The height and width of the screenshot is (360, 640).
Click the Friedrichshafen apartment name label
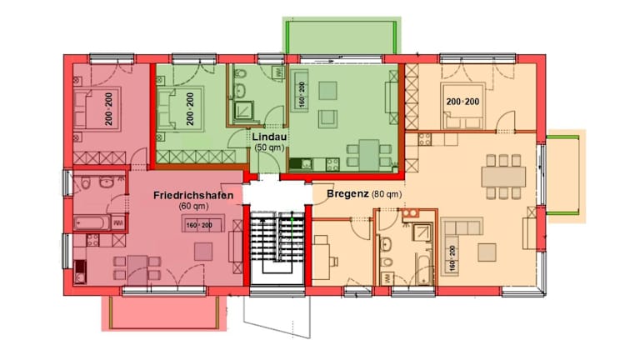pyautogui.click(x=193, y=196)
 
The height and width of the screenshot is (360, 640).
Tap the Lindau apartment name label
pyautogui.click(x=269, y=137)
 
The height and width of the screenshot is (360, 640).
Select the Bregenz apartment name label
pyautogui.click(x=347, y=194)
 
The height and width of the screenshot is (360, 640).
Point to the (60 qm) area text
pyautogui.click(x=193, y=207)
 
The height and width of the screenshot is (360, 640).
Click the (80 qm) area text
pyautogui.click(x=387, y=194)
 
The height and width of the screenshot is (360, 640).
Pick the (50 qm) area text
pyautogui.click(x=269, y=147)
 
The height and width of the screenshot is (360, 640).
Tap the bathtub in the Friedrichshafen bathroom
pyautogui.click(x=92, y=222)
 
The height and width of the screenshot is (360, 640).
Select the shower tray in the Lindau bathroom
pyautogui.click(x=243, y=110)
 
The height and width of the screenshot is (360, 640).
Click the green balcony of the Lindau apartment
pyautogui.click(x=342, y=35)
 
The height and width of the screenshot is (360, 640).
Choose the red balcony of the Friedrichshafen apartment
pyautogui.click(x=163, y=312)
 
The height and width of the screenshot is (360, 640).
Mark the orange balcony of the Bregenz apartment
pyautogui.click(x=565, y=176)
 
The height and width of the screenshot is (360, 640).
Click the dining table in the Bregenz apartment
pyautogui.click(x=503, y=177)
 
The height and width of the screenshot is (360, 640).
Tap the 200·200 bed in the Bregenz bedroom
pyautogui.click(x=462, y=106)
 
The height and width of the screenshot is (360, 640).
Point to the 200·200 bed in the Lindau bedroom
pyautogui.click(x=180, y=108)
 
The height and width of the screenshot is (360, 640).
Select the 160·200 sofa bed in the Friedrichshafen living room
pyautogui.click(x=202, y=223)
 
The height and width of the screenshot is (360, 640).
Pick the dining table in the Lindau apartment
pyautogui.click(x=369, y=155)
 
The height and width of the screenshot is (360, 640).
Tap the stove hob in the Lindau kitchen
pyautogui.click(x=332, y=164)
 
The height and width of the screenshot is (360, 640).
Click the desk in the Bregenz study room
pyautogui.click(x=321, y=257)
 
